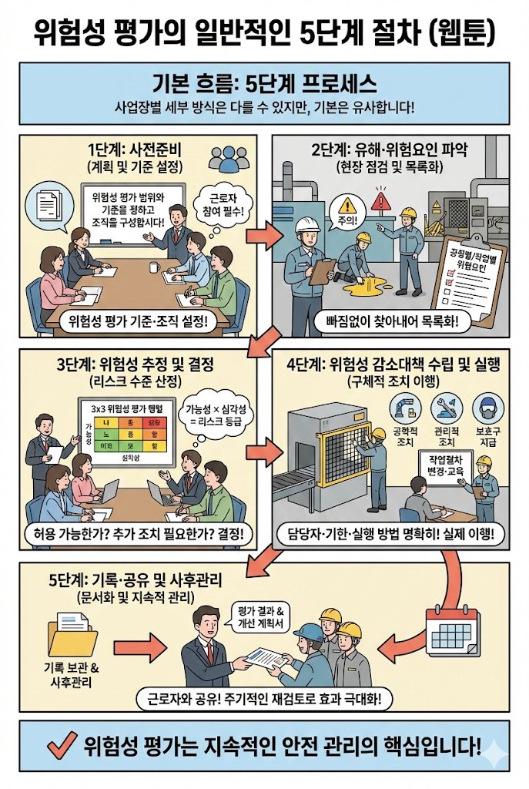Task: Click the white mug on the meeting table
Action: (x=155, y=267)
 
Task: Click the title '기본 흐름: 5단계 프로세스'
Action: (x=264, y=82)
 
